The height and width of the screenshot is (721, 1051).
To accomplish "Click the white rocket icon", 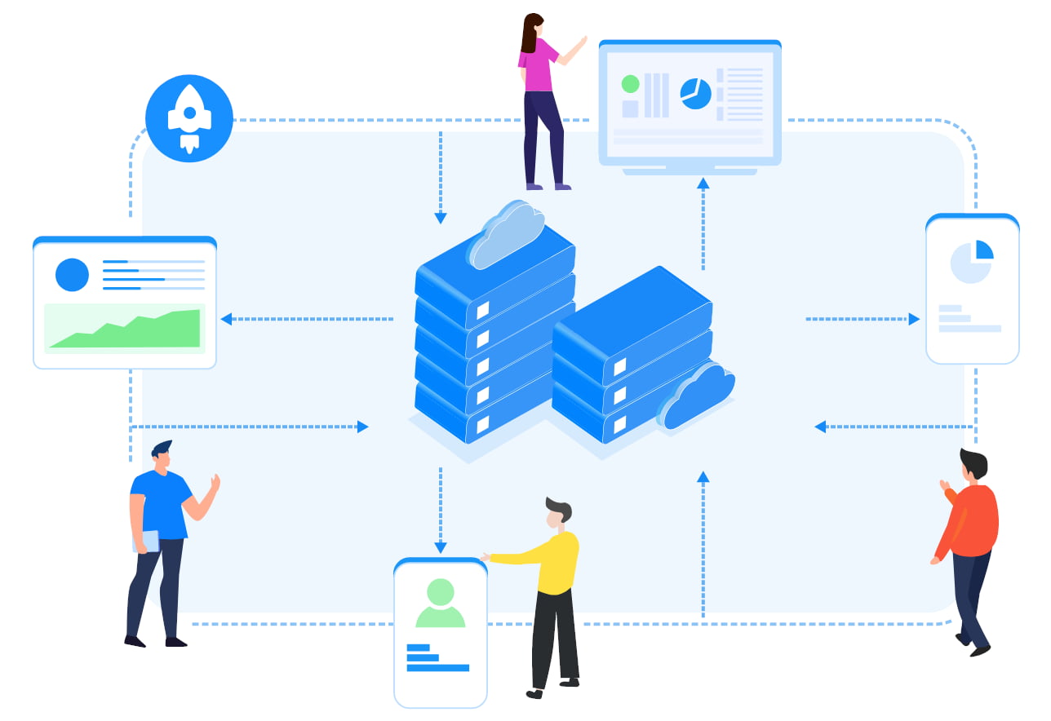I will [x=189, y=117].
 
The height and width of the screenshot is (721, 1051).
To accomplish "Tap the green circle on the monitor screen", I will [x=630, y=84].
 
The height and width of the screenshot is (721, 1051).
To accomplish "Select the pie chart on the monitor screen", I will [x=695, y=94].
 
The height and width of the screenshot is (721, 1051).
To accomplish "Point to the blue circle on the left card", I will [x=72, y=275].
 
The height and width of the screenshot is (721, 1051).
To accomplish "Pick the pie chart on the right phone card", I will [x=972, y=262].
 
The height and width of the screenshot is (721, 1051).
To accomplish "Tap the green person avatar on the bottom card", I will [x=440, y=604].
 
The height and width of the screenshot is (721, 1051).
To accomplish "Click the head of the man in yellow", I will [x=557, y=511].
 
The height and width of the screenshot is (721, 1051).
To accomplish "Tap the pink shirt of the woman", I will [x=538, y=65].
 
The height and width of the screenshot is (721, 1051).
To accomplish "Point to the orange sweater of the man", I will [x=973, y=522].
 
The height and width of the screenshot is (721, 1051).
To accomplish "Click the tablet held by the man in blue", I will [x=147, y=541].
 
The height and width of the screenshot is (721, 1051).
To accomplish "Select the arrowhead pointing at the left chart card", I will [x=226, y=319].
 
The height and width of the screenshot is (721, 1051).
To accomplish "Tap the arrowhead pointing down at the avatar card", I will [x=441, y=547].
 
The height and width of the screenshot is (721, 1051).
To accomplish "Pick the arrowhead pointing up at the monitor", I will [x=703, y=184].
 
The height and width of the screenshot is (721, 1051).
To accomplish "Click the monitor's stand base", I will [x=690, y=171].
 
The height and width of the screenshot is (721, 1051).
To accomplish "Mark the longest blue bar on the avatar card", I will [x=437, y=668].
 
